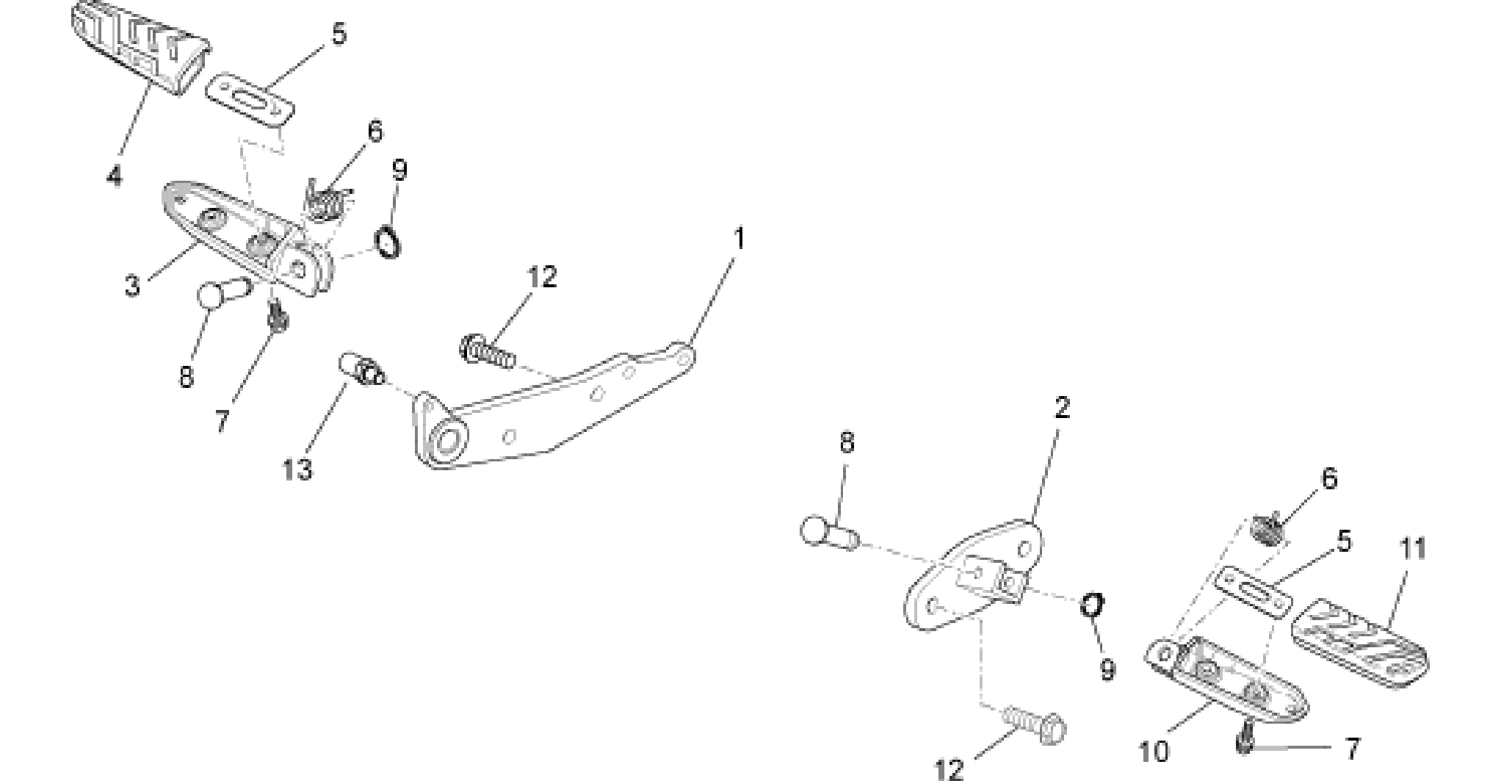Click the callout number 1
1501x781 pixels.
point(739,239)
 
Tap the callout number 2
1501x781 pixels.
point(1062,408)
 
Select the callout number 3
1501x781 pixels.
point(132,286)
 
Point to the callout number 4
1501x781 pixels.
point(114,176)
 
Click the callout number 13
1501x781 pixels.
point(298,469)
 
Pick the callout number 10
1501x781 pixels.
point(1154,752)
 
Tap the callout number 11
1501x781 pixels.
point(1413,549)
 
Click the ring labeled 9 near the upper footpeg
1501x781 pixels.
point(388,243)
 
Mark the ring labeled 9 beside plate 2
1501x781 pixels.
point(1092,606)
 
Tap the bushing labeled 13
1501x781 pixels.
point(360,369)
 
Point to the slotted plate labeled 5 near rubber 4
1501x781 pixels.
point(250,101)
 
